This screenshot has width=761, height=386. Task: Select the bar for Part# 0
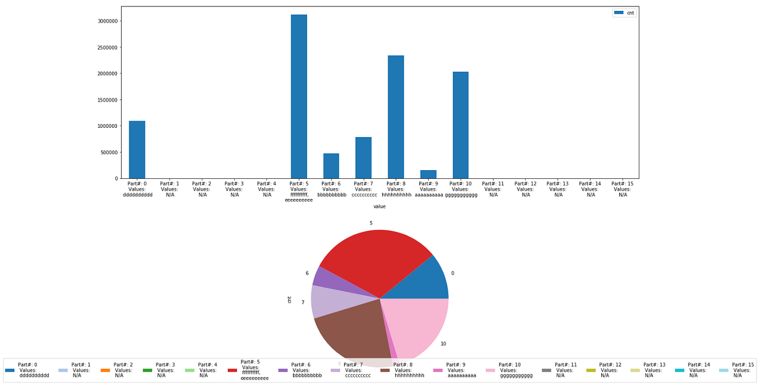point(137,150)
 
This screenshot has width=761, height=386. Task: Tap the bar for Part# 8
point(396,117)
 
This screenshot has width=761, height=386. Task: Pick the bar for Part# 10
point(460,125)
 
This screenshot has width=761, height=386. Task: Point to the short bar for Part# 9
point(428,174)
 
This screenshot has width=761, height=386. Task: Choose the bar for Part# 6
point(331,166)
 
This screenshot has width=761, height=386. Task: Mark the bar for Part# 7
point(363,158)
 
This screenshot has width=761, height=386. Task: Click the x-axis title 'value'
point(379,207)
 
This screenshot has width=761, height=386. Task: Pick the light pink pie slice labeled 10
point(421,326)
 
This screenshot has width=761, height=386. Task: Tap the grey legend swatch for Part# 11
point(546,370)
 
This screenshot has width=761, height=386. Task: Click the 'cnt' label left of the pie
point(289,299)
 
